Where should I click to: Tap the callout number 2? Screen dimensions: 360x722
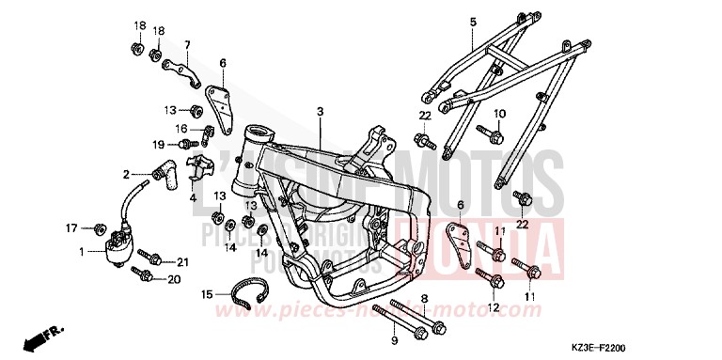125,174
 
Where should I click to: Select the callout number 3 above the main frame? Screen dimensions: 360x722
320,111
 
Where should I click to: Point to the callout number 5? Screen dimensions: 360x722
473,22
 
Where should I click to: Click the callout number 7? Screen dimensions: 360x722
187,44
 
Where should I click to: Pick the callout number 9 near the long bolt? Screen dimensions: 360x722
394,338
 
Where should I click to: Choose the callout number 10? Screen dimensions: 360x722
499,114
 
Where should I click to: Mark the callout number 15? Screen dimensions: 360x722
205,294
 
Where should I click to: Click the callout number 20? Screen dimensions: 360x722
173,279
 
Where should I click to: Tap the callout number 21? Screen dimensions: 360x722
182,261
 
